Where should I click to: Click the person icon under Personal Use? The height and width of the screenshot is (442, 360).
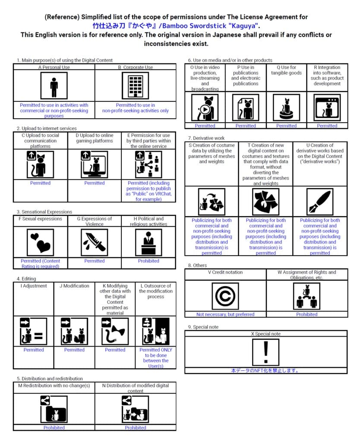[x=54, y=86]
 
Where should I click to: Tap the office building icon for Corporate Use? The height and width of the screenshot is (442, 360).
[x=136, y=86]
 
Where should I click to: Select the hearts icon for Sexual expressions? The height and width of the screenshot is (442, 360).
[x=41, y=242]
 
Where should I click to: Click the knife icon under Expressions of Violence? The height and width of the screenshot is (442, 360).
[x=95, y=242]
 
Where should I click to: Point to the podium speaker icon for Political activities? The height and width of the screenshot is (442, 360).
[x=148, y=242]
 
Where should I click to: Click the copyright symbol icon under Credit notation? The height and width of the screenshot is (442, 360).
[x=225, y=296]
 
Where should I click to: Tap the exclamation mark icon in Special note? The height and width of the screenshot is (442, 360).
[x=265, y=352]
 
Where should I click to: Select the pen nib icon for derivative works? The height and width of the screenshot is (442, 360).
[x=320, y=202]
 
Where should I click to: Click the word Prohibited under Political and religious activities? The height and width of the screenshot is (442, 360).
[x=148, y=261]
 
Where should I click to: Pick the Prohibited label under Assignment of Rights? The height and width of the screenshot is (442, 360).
[x=307, y=314]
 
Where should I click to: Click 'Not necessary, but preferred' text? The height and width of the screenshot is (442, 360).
[x=225, y=314]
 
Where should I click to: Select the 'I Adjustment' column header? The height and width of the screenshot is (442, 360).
[x=34, y=286]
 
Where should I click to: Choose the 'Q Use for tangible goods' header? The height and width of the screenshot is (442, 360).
[x=286, y=70]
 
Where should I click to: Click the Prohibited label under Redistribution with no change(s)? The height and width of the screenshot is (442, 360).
[x=54, y=428]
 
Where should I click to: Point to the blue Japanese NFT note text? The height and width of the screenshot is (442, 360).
[x=265, y=370]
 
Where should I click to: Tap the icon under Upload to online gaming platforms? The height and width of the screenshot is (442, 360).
[x=95, y=164]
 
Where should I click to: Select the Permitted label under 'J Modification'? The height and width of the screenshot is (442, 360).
[x=74, y=350]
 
